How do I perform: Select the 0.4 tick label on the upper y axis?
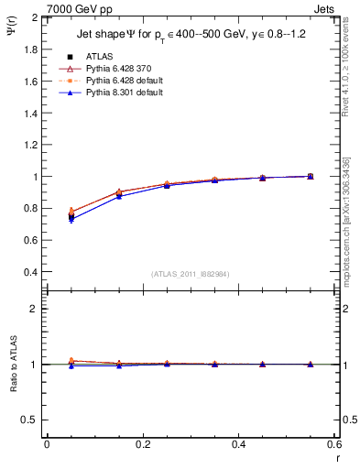pyautogui.click(x=30, y=272)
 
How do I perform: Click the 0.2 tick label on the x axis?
pyautogui.click(x=143, y=444)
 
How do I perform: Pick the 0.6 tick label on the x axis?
pyautogui.click(x=334, y=444)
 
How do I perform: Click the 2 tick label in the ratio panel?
pyautogui.click(x=35, y=309)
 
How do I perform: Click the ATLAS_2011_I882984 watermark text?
pyautogui.click(x=191, y=273)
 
